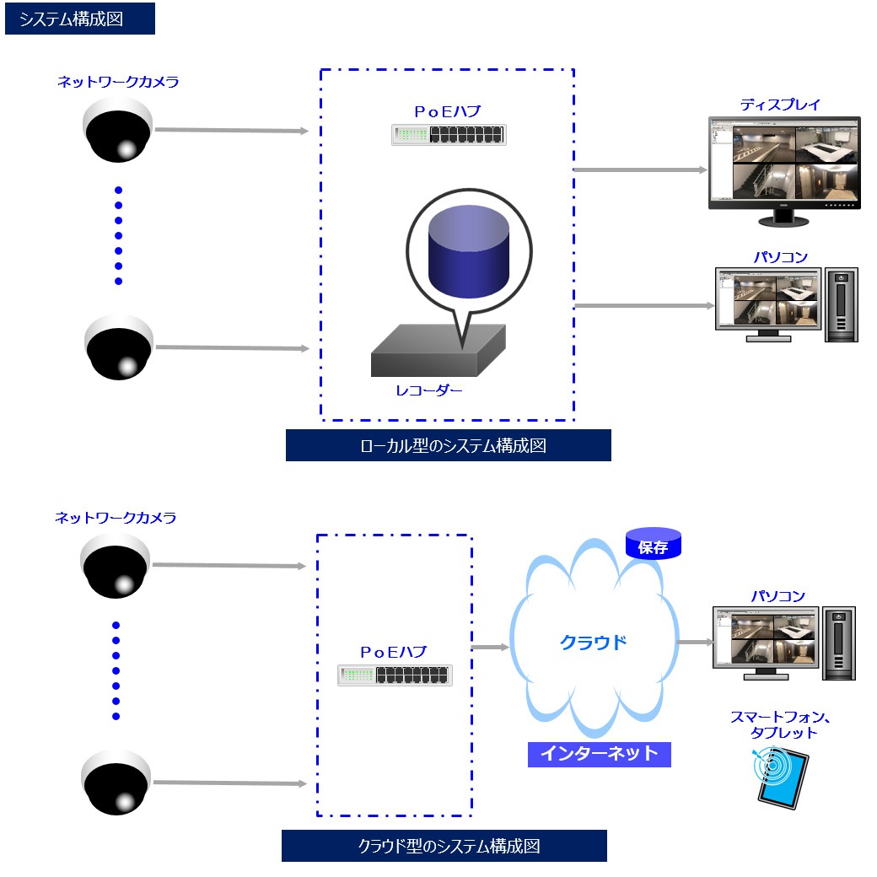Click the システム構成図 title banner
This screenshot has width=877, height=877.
click(x=80, y=19)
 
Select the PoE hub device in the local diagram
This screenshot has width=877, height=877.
click(x=449, y=135)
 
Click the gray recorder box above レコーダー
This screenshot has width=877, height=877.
click(x=438, y=351)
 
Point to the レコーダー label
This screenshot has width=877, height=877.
click(x=429, y=390)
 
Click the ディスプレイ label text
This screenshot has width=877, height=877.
click(x=780, y=105)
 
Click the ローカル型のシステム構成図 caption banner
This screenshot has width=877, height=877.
click(x=448, y=445)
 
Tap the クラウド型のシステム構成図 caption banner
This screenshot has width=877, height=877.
click(x=444, y=846)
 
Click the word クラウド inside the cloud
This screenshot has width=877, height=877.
click(x=594, y=643)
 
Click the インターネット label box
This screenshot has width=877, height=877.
click(x=599, y=754)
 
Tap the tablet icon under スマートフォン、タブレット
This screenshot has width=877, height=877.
click(x=780, y=777)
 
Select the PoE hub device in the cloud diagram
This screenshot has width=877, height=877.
click(x=395, y=675)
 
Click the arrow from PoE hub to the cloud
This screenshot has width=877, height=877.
click(x=490, y=648)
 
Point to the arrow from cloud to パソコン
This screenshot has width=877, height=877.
click(x=696, y=643)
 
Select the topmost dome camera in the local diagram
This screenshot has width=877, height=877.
click(x=117, y=131)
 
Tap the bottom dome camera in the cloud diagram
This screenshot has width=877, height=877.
click(x=116, y=783)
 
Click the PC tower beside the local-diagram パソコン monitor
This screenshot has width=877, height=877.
click(x=841, y=304)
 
